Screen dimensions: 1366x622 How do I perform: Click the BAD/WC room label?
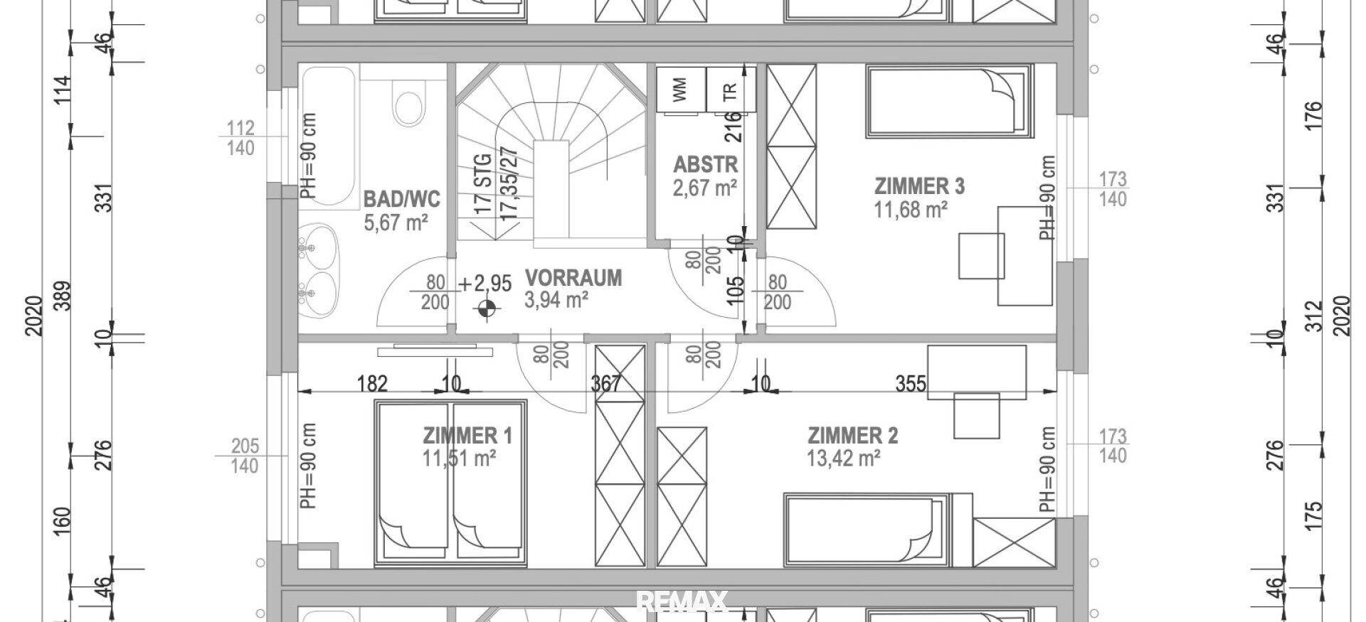402,198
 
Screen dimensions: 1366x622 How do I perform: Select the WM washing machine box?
681,90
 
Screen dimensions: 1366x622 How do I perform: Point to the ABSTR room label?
706,165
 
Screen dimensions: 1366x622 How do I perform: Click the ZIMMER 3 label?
919,186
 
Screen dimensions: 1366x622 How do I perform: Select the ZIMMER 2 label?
853,435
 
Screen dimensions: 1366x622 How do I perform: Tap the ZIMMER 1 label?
467,435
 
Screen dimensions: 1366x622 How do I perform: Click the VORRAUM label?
573,277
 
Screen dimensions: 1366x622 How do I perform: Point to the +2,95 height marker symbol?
487,309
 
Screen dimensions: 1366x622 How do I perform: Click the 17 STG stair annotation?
483,185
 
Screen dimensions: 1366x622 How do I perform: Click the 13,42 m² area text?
845,459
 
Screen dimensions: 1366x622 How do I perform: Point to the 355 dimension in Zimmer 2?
911,384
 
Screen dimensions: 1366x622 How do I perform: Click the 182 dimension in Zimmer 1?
372,384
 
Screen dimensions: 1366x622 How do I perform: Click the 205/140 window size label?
245,456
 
